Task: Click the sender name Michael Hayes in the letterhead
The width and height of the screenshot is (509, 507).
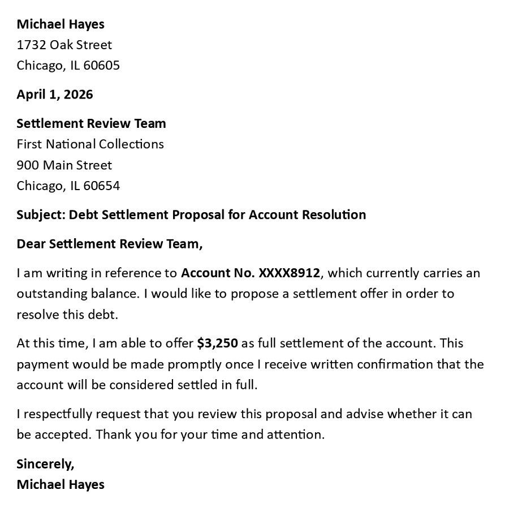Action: click(x=61, y=24)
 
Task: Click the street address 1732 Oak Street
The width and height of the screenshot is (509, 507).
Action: click(x=64, y=45)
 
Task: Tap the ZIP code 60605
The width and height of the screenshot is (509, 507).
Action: click(x=102, y=66)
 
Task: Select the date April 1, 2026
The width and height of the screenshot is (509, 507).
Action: click(x=55, y=94)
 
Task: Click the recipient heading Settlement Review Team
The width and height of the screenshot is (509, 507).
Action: click(x=91, y=123)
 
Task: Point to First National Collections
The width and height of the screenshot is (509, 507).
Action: click(x=90, y=144)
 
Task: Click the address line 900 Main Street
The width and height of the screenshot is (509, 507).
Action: click(x=64, y=165)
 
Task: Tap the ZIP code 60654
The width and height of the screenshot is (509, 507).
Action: click(x=102, y=186)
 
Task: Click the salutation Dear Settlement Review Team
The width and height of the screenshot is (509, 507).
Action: click(x=109, y=244)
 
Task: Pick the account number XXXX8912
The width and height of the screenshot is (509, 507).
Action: click(x=289, y=273)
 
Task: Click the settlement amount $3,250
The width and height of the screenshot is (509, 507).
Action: click(x=217, y=343)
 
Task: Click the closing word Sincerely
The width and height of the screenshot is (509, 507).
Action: click(x=45, y=464)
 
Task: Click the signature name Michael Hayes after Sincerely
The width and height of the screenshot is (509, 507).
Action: click(x=61, y=484)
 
